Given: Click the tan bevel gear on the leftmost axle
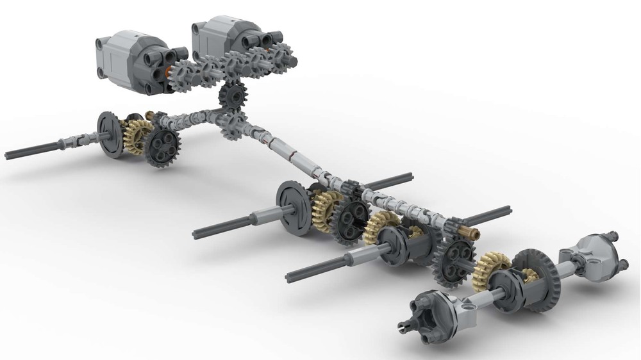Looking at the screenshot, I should click(x=135, y=135).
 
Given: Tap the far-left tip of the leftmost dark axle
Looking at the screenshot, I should click(x=8, y=154).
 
